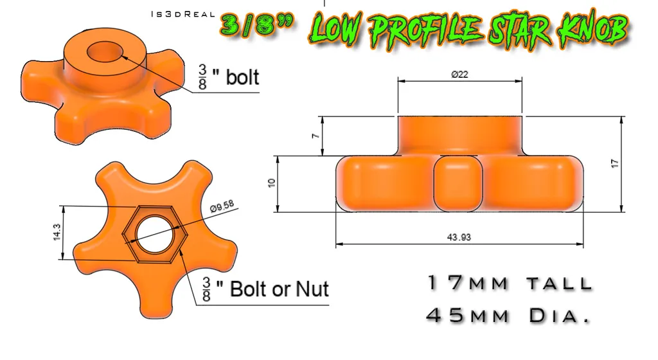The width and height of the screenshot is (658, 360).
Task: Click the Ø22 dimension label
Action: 459,75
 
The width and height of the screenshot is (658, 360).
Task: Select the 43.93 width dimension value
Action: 459,237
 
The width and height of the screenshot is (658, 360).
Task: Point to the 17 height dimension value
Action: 615,163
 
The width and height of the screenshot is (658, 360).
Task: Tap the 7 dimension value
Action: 316,136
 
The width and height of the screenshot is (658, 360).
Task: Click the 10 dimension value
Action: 272,183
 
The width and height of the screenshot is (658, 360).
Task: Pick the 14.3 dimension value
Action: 57,232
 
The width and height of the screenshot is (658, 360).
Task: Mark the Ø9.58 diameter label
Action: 222,206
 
